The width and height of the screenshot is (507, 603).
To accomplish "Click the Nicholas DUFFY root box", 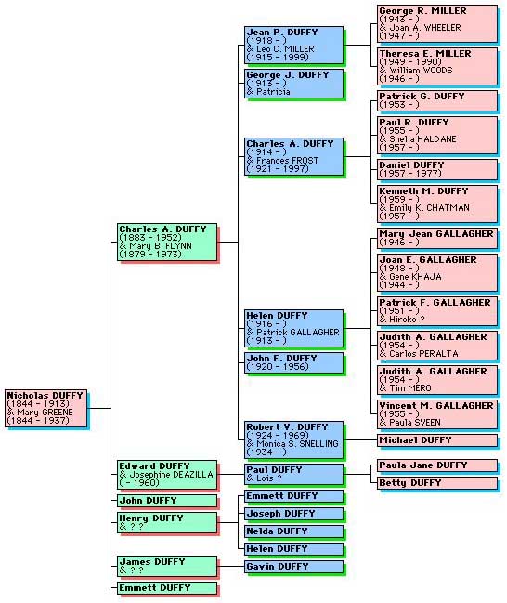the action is coord(45,408).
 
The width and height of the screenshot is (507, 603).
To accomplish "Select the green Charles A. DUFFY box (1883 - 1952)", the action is coord(167,242).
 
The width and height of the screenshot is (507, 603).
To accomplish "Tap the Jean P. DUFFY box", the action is coord(293,45).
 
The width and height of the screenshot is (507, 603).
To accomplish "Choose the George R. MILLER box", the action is coord(437,23).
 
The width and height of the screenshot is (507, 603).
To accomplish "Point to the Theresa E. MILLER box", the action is coord(437,66).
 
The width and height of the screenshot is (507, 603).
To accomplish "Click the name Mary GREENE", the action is coord(45,413).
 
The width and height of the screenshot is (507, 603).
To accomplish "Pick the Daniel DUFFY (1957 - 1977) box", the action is coord(437,169).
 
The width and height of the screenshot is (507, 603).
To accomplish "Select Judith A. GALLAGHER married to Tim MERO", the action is coord(437,380).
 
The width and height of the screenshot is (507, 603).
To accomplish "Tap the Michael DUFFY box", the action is coord(437,440).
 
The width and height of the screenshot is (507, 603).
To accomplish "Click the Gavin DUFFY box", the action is coord(293,567).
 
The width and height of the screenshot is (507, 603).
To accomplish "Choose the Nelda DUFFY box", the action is coord(293,531).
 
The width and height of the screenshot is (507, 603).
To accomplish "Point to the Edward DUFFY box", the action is coord(167,475).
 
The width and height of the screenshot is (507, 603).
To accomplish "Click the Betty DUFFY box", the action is coord(437,483).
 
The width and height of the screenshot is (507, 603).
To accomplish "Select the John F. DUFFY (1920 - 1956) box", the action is coord(293,362).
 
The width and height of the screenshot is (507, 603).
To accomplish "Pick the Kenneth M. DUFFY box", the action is coord(437,203).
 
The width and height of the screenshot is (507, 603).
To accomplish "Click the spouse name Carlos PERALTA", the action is coord(423,354).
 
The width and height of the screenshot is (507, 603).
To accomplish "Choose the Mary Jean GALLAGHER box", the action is coord(437,238).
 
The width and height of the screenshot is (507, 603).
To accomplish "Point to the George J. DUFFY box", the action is coord(293,84).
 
